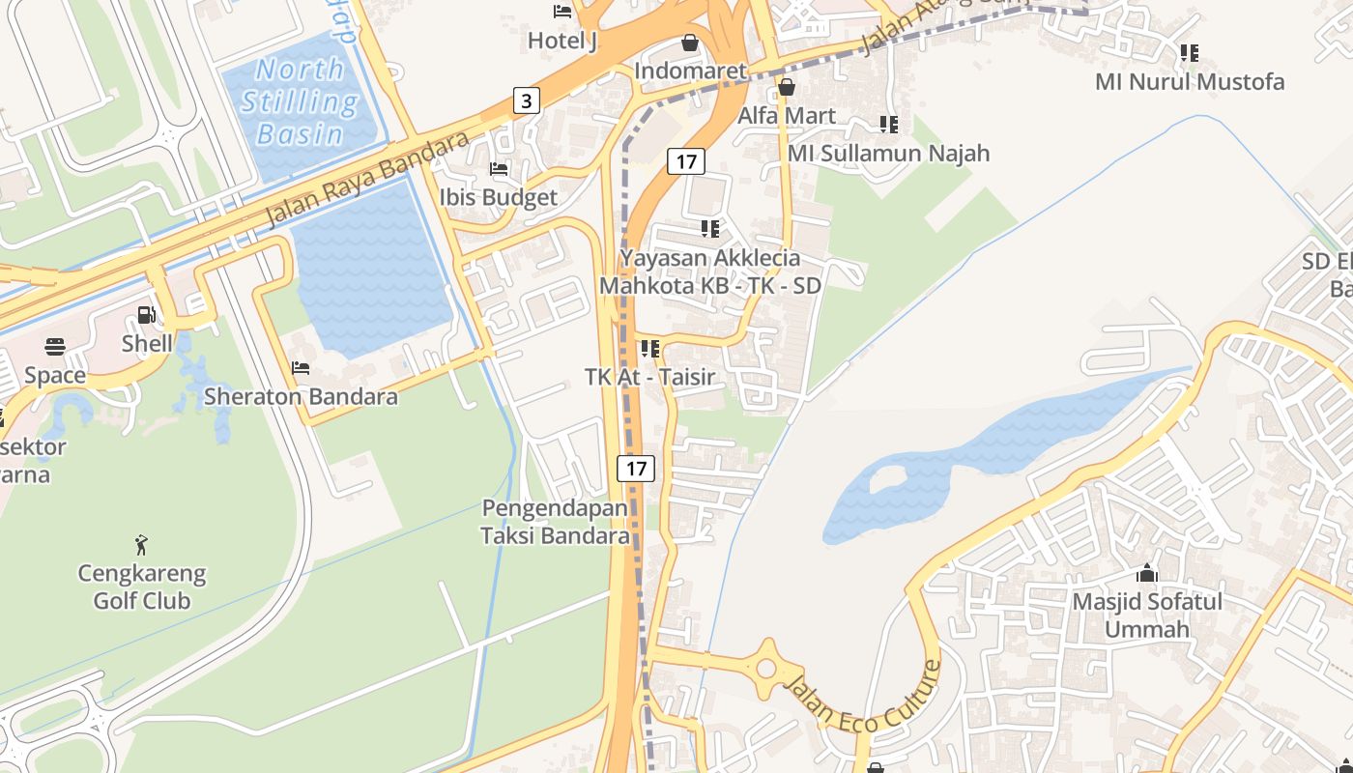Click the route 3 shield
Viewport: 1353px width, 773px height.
pos(526,100)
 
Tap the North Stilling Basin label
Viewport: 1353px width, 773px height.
pos(299,101)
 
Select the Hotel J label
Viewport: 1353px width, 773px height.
pos(561,41)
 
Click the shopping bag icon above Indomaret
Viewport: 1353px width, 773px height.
pos(690,43)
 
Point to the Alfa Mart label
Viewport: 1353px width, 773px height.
pos(787,116)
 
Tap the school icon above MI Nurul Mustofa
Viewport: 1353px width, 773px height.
pos(1190,53)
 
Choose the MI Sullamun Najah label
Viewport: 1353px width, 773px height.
pos(888,153)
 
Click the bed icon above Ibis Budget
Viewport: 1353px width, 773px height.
pos(499,169)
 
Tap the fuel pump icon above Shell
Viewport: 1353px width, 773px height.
pos(146,315)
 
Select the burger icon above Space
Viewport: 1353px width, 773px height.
pos(55,347)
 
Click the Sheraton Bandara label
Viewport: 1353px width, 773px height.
pos(301,396)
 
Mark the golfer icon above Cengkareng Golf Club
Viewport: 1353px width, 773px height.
pos(142,545)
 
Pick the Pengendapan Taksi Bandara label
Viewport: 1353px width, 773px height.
pos(555,522)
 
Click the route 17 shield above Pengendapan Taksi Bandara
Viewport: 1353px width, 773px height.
pos(636,469)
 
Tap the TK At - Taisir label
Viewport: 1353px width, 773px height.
pos(649,377)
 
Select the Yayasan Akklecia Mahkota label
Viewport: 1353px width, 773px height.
pos(710,272)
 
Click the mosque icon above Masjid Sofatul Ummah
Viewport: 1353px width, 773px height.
pos(1147,573)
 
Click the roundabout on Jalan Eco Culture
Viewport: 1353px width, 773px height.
pos(767,666)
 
